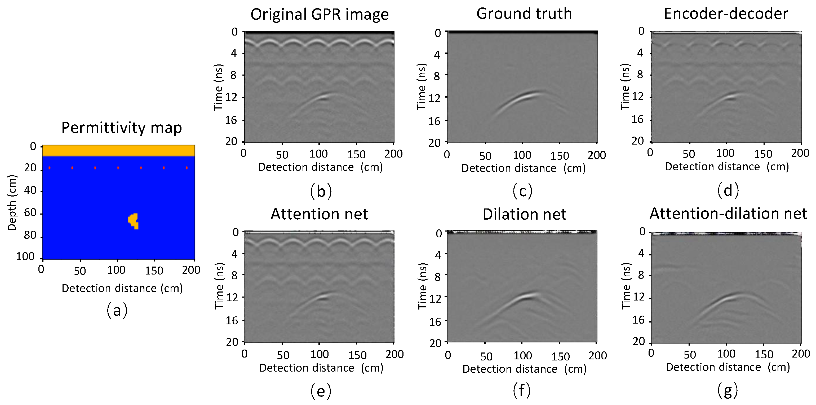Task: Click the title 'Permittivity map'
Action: click(x=121, y=128)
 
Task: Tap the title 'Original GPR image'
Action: click(x=319, y=15)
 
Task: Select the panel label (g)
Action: click(x=728, y=390)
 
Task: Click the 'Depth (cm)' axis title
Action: click(x=12, y=203)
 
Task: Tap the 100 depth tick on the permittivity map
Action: click(x=25, y=256)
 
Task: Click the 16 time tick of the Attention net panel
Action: click(x=232, y=321)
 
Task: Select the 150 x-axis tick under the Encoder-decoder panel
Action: click(x=763, y=154)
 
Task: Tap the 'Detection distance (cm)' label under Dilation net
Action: click(x=524, y=369)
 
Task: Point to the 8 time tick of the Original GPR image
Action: click(x=233, y=75)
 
